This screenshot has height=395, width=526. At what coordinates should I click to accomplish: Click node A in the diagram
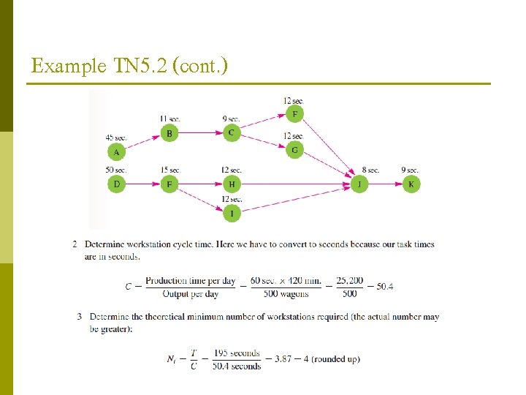pos(115,152)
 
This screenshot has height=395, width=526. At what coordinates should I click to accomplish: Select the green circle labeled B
pos(169,133)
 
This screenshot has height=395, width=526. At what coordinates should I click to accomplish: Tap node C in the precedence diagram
pos(231,132)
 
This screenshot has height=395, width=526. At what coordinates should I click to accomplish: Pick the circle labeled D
pos(116,184)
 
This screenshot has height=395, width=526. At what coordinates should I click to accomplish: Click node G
pos(294,150)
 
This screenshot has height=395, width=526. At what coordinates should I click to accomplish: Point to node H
pos(232,184)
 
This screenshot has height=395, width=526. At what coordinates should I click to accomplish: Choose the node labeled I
pos(232,213)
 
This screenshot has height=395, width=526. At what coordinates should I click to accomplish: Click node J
pos(359,184)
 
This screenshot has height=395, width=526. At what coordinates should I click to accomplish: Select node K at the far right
pos(411,184)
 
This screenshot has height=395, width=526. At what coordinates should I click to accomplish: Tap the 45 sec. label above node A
pos(115,137)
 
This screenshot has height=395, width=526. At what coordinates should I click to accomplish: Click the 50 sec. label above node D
pos(115,170)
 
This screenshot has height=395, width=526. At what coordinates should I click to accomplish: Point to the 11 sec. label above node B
pos(169,118)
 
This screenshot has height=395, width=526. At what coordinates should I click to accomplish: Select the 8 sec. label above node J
pos(370,170)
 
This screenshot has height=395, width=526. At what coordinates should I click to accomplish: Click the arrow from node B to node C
pos(200,133)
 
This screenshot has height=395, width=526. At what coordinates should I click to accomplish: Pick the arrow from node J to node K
pos(385,184)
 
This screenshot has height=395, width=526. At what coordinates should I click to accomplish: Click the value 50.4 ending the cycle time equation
pos(384,286)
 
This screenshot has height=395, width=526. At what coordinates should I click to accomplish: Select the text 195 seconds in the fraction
pos(239,353)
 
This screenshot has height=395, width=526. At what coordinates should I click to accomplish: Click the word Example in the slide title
pos(61,67)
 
